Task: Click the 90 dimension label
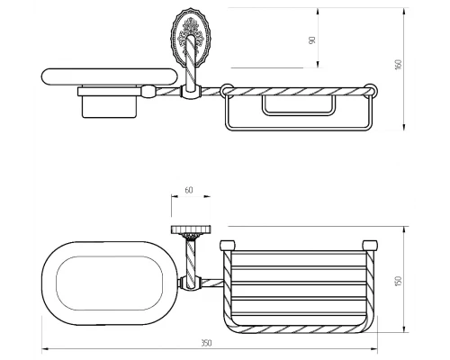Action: [312, 40]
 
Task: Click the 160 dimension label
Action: [399, 65]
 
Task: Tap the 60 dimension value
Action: [189, 190]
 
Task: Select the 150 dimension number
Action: [399, 281]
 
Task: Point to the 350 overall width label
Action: [206, 343]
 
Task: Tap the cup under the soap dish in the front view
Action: [110, 107]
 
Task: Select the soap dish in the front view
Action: [110, 76]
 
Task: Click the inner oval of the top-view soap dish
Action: [110, 283]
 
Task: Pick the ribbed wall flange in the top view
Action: [191, 229]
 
